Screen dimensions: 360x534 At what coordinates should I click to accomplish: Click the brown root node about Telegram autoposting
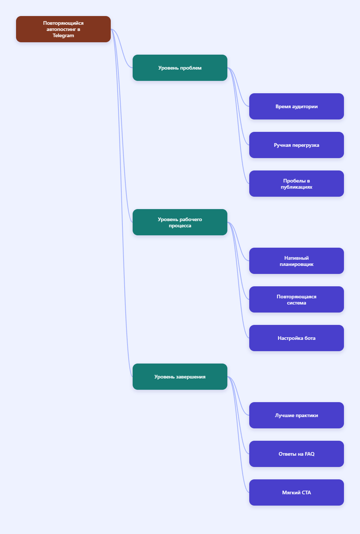pyautogui.click(x=63, y=29)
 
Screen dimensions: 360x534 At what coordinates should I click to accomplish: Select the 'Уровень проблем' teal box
pyautogui.click(x=180, y=68)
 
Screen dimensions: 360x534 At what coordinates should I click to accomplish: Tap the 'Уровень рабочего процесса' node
pyautogui.click(x=180, y=222)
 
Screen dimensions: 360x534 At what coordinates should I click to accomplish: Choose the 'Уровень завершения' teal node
pyautogui.click(x=180, y=377)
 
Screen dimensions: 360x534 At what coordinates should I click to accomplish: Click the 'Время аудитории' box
pyautogui.click(x=296, y=106)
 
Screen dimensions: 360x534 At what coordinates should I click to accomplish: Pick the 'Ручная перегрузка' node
pyautogui.click(x=296, y=145)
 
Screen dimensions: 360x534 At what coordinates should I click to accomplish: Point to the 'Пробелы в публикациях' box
pyautogui.click(x=296, y=184)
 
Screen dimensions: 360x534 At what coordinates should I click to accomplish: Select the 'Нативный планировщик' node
pyautogui.click(x=296, y=261)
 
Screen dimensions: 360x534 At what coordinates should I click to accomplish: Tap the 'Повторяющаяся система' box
pyautogui.click(x=296, y=299)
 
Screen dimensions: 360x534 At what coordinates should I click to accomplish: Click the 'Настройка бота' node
pyautogui.click(x=296, y=338)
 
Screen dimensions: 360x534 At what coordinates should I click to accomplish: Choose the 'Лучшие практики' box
pyautogui.click(x=296, y=415)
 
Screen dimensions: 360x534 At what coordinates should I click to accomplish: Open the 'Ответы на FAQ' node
pyautogui.click(x=296, y=454)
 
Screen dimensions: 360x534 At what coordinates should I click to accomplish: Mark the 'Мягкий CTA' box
pyautogui.click(x=296, y=492)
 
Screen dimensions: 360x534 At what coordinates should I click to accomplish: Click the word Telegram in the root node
pyautogui.click(x=63, y=36)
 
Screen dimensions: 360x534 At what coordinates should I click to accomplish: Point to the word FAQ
pyautogui.click(x=309, y=454)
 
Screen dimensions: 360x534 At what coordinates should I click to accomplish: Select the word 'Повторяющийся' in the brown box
pyautogui.click(x=63, y=23)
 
